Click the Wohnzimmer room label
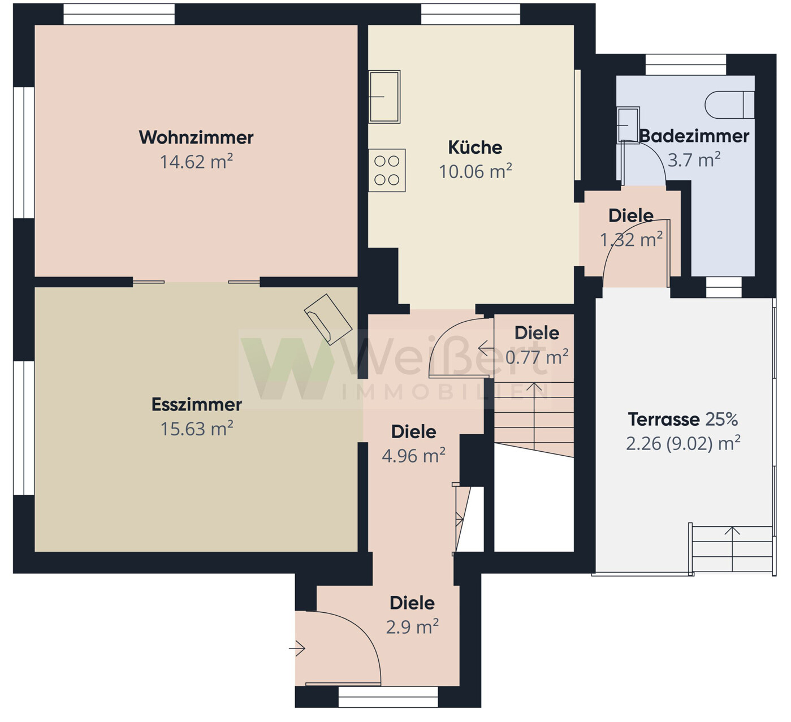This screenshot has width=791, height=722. pyautogui.click(x=196, y=137)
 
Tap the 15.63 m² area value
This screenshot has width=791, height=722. pyautogui.click(x=197, y=429)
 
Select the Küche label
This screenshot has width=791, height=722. pyautogui.click(x=475, y=147)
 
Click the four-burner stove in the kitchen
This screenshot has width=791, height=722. pyautogui.click(x=387, y=170)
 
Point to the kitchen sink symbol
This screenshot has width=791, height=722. pyautogui.click(x=384, y=97)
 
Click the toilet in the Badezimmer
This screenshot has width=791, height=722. pyautogui.click(x=729, y=105)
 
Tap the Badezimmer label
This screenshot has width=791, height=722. pyautogui.click(x=694, y=136)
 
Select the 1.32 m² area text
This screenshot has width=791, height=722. pyautogui.click(x=631, y=240)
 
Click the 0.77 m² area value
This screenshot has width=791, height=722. pyautogui.click(x=537, y=357)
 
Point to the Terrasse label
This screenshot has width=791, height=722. pyautogui.click(x=664, y=419)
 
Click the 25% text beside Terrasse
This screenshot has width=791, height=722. pyautogui.click(x=721, y=419)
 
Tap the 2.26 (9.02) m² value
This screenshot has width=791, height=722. pyautogui.click(x=683, y=443)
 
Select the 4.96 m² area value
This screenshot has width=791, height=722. pyautogui.click(x=414, y=456)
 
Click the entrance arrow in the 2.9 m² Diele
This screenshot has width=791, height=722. pyautogui.click(x=297, y=648)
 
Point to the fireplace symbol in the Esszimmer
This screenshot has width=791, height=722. pyautogui.click(x=328, y=319)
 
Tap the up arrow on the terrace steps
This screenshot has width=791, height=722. pyautogui.click(x=732, y=548)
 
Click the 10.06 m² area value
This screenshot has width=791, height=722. pyautogui.click(x=476, y=171)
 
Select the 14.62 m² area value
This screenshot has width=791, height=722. pyautogui.click(x=196, y=162)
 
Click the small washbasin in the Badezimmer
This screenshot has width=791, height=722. pyautogui.click(x=628, y=125)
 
